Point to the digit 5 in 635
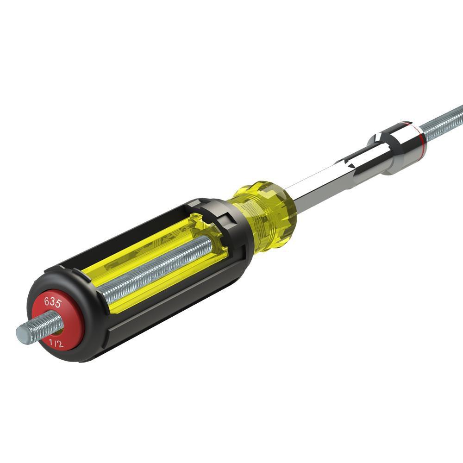(59, 303)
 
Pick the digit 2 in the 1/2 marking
(61, 344)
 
